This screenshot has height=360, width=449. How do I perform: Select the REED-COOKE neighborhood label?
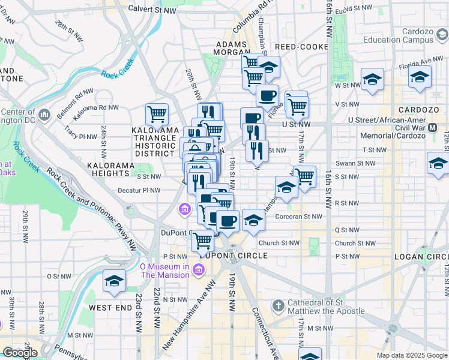point(301,47)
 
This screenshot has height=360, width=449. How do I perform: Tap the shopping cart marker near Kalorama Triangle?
point(157,113)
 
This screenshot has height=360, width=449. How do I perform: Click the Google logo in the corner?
point(19,353)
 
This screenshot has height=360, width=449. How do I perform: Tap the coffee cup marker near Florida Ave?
point(267,95)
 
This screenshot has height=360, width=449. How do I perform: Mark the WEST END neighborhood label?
point(110,307)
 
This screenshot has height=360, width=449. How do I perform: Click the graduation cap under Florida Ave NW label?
point(420,76)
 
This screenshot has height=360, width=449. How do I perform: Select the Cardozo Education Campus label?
point(398,35)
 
